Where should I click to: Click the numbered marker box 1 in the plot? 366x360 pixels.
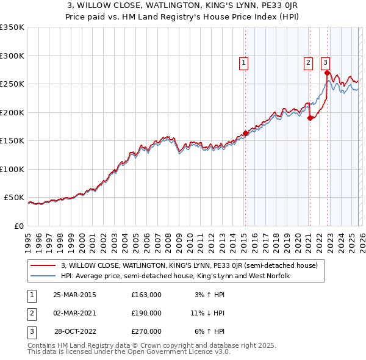[244, 62]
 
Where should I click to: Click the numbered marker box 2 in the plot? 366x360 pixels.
[309, 62]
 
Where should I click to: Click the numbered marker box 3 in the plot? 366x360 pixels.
[325, 62]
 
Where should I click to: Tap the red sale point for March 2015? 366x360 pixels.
[245, 132]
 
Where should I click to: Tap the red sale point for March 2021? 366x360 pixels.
[310, 118]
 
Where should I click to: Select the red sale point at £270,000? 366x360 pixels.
[328, 73]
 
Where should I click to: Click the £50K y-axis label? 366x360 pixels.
[14, 198]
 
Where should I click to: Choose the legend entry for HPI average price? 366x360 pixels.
[174, 276]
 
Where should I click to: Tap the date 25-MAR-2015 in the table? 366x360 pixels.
[74, 295]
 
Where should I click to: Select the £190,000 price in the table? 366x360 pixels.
[146, 313]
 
